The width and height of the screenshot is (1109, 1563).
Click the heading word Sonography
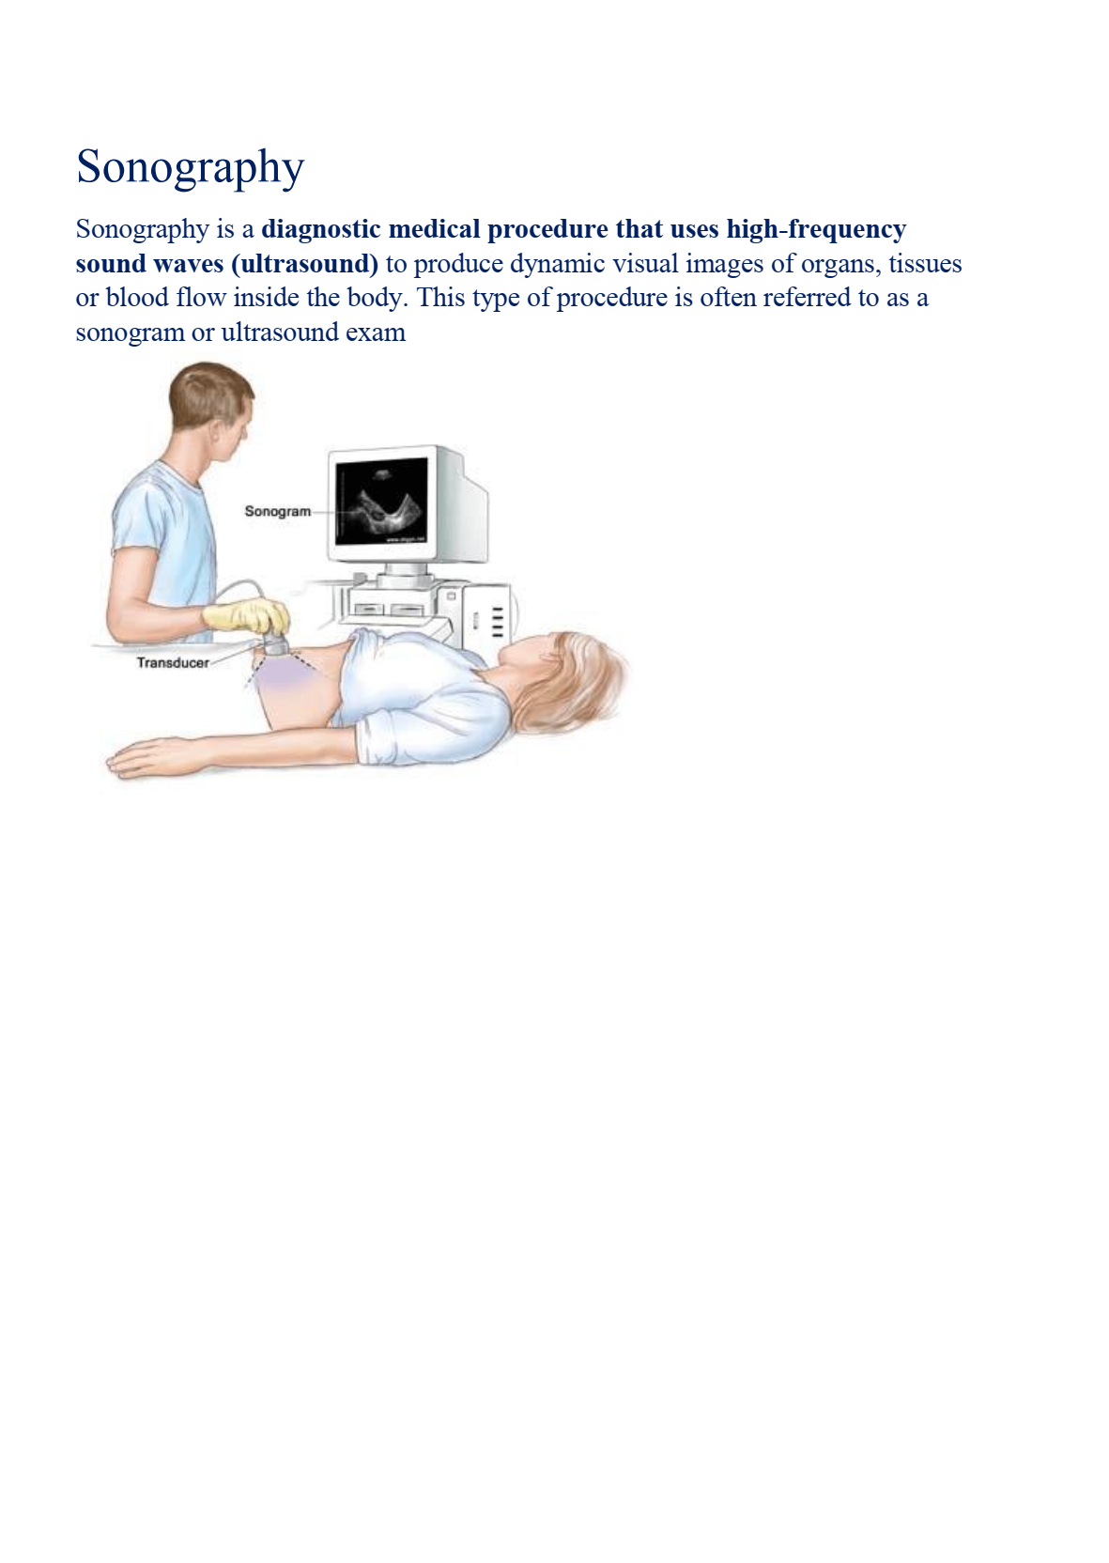(190, 168)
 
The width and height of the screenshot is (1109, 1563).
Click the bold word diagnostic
(321, 230)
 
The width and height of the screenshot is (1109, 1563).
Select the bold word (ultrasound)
(305, 264)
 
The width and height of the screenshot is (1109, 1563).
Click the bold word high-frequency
(817, 230)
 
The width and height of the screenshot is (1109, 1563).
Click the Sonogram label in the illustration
(278, 512)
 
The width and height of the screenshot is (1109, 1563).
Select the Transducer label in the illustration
(173, 663)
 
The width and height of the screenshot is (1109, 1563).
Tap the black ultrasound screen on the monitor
(381, 501)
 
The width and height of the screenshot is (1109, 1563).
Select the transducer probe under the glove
(275, 643)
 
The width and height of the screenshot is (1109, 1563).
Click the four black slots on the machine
(498, 620)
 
